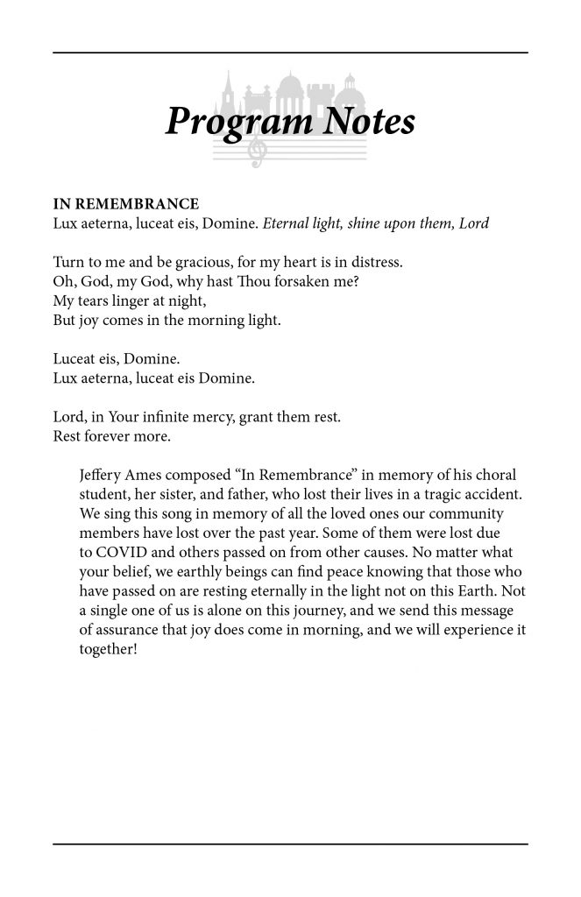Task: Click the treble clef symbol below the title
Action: click(257, 152)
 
